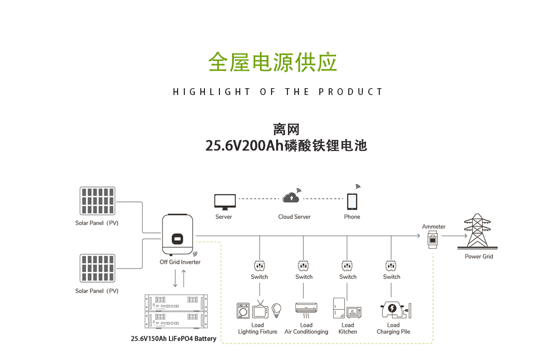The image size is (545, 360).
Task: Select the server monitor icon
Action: pos(225,201)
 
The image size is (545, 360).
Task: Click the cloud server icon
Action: pos(290,198)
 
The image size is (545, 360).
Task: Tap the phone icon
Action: pos(352,201)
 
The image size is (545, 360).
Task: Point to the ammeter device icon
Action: pos(433,238)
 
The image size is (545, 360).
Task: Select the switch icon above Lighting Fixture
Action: pos(259,265)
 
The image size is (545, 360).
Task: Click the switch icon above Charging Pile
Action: pos(391,265)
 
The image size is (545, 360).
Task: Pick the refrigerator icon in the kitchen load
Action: pos(339,308)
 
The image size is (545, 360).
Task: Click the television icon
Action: pos(260,310)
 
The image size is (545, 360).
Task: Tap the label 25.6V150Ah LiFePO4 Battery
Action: pos(173,339)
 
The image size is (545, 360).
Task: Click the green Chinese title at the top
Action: pos(272,62)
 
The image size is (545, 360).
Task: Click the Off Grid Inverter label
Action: pos(180,262)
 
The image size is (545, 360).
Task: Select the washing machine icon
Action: pos(243,310)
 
